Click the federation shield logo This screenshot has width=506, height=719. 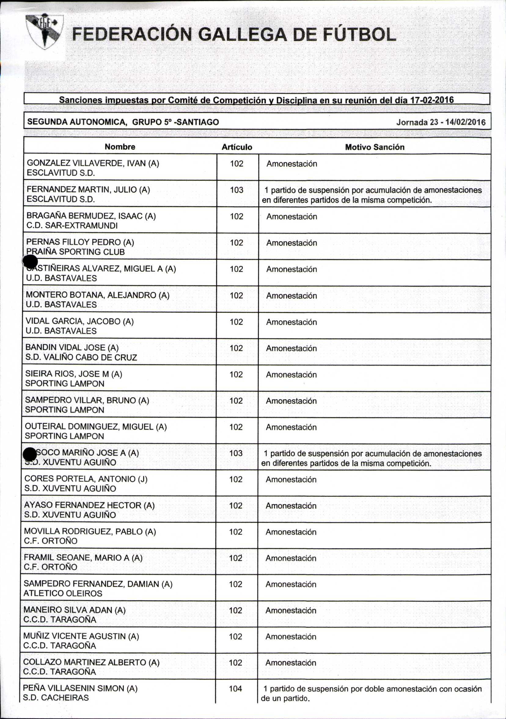(x=44, y=31)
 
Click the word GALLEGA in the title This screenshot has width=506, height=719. (x=243, y=35)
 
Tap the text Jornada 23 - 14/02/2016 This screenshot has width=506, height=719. (x=441, y=122)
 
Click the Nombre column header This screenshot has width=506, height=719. (x=120, y=147)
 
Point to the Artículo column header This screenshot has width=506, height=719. (x=237, y=147)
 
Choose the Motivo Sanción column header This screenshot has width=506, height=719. (x=375, y=147)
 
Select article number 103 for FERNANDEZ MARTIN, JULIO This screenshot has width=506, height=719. (x=237, y=190)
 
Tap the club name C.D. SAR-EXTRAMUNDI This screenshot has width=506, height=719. (x=72, y=225)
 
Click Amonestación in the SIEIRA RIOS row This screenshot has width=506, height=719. (x=291, y=375)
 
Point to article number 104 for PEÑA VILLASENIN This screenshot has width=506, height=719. (x=236, y=689)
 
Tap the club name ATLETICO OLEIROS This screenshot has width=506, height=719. (x=63, y=593)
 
